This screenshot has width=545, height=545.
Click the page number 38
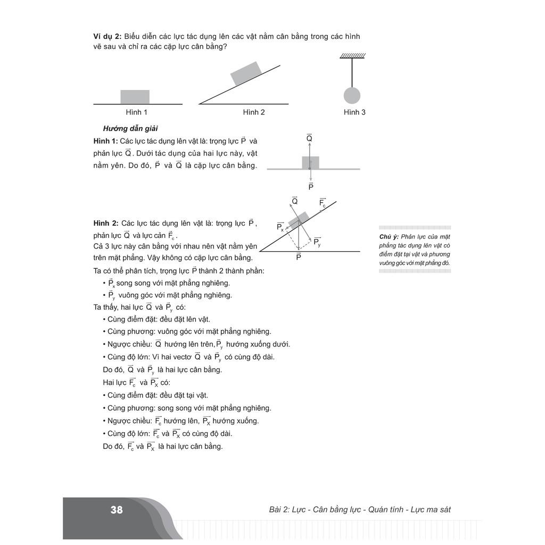[x=117, y=510]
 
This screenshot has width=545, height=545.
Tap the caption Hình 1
[x=137, y=112]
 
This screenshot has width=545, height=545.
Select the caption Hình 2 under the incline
[x=254, y=112]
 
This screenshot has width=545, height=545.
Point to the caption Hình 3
[x=354, y=112]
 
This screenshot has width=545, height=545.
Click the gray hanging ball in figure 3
[x=352, y=96]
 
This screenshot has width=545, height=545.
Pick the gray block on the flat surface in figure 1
[x=135, y=97]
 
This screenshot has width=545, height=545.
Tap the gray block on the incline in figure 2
[x=245, y=73]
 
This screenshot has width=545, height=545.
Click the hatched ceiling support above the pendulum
[x=352, y=55]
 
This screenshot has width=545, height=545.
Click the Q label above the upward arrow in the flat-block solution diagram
[x=309, y=139]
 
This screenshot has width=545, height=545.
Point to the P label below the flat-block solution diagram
[x=311, y=186]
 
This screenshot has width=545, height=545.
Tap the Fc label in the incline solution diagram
[x=323, y=203]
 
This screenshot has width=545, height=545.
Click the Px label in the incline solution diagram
[x=280, y=227]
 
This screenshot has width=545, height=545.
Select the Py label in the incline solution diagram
[x=317, y=242]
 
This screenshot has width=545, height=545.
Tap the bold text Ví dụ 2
[x=107, y=36]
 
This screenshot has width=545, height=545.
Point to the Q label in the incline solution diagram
[x=294, y=201]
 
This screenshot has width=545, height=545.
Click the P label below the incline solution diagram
[x=299, y=257]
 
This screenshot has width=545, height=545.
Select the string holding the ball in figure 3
[x=352, y=72]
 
